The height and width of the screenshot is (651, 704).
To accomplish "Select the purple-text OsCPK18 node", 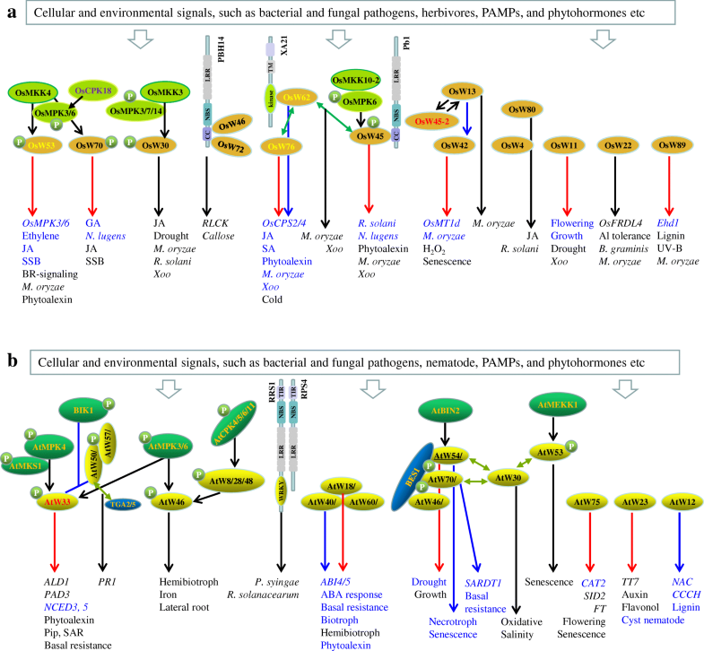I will point(93,89).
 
